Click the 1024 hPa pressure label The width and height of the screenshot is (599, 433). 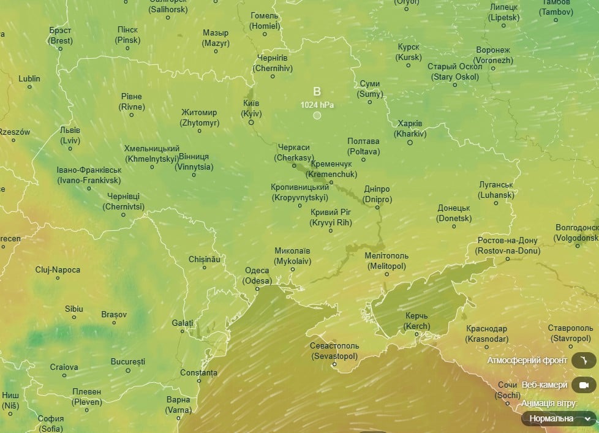click(317, 105)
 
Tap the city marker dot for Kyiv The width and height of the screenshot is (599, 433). click(251, 122)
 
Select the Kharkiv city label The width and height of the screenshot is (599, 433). click(410, 128)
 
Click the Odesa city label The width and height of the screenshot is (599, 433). click(257, 276)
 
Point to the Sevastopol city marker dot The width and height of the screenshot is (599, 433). click(334, 364)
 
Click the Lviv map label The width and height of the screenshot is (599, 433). click(70, 135)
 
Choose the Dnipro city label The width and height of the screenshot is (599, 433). click(377, 194)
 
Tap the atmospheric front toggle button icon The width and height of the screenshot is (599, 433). click(584, 360)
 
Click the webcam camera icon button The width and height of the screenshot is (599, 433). click(584, 385)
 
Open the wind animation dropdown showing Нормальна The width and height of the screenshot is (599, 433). click(559, 418)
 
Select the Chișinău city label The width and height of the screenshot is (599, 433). click(204, 259)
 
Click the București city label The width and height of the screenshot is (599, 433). click(128, 361)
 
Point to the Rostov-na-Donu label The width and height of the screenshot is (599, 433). click(507, 246)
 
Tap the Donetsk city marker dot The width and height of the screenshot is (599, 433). click(454, 227)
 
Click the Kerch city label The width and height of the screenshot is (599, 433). click(417, 321)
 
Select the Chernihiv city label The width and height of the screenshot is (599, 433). click(273, 63)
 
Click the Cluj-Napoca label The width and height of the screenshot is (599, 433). click(58, 269)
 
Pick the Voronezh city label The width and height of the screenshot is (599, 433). click(492, 55)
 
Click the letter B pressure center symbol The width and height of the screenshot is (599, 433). click(317, 91)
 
